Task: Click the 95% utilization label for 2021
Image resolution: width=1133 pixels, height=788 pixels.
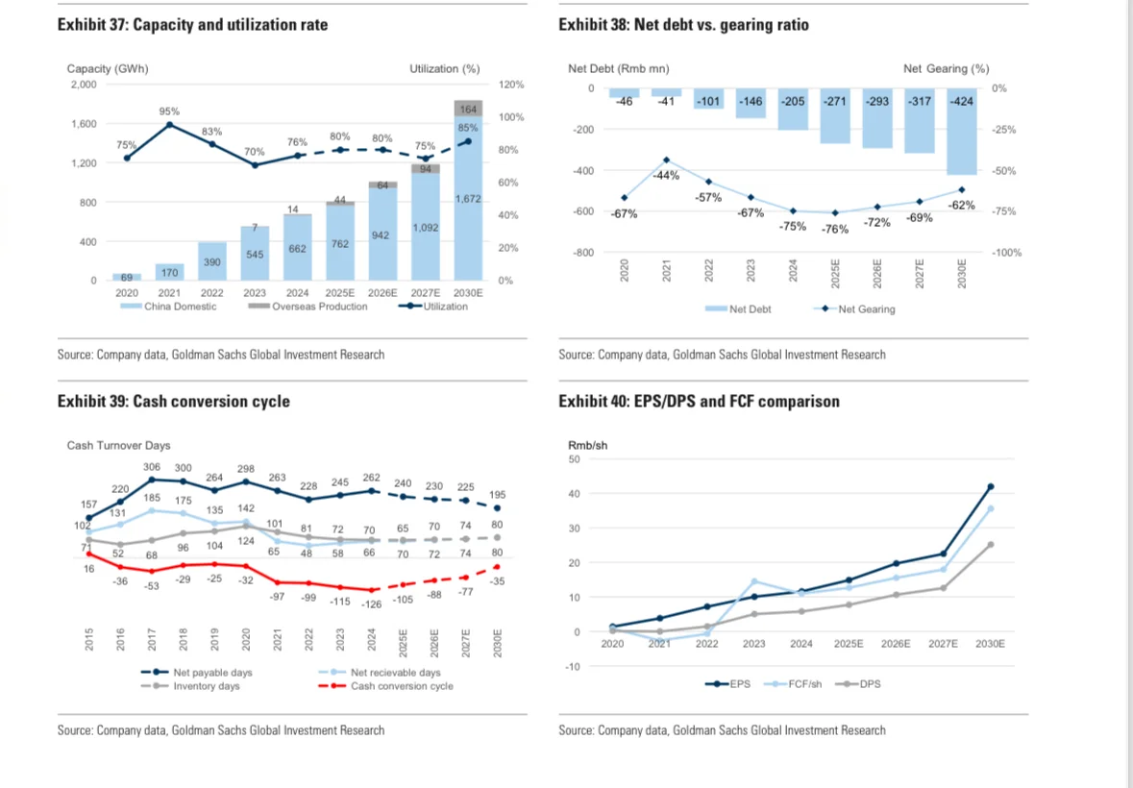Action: tap(169, 111)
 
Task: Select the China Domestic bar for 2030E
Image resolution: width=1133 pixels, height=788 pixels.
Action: tap(469, 211)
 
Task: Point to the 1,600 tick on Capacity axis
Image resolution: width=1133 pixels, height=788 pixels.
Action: tap(84, 124)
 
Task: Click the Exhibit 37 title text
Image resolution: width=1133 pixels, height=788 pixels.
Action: tap(192, 24)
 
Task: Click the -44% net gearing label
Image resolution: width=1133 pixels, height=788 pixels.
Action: tap(665, 176)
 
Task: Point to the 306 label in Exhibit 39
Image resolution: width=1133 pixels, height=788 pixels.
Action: tap(151, 466)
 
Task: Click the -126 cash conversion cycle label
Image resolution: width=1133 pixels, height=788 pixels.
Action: tap(371, 603)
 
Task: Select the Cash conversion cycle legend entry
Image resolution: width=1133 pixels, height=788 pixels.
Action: tap(401, 686)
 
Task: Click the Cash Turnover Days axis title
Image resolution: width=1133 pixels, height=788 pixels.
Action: tap(118, 446)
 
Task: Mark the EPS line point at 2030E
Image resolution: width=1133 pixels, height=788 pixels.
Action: tap(990, 486)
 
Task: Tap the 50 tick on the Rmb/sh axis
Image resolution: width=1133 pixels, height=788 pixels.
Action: tap(575, 459)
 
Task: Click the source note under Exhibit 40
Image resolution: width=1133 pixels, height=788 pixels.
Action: tap(722, 730)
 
